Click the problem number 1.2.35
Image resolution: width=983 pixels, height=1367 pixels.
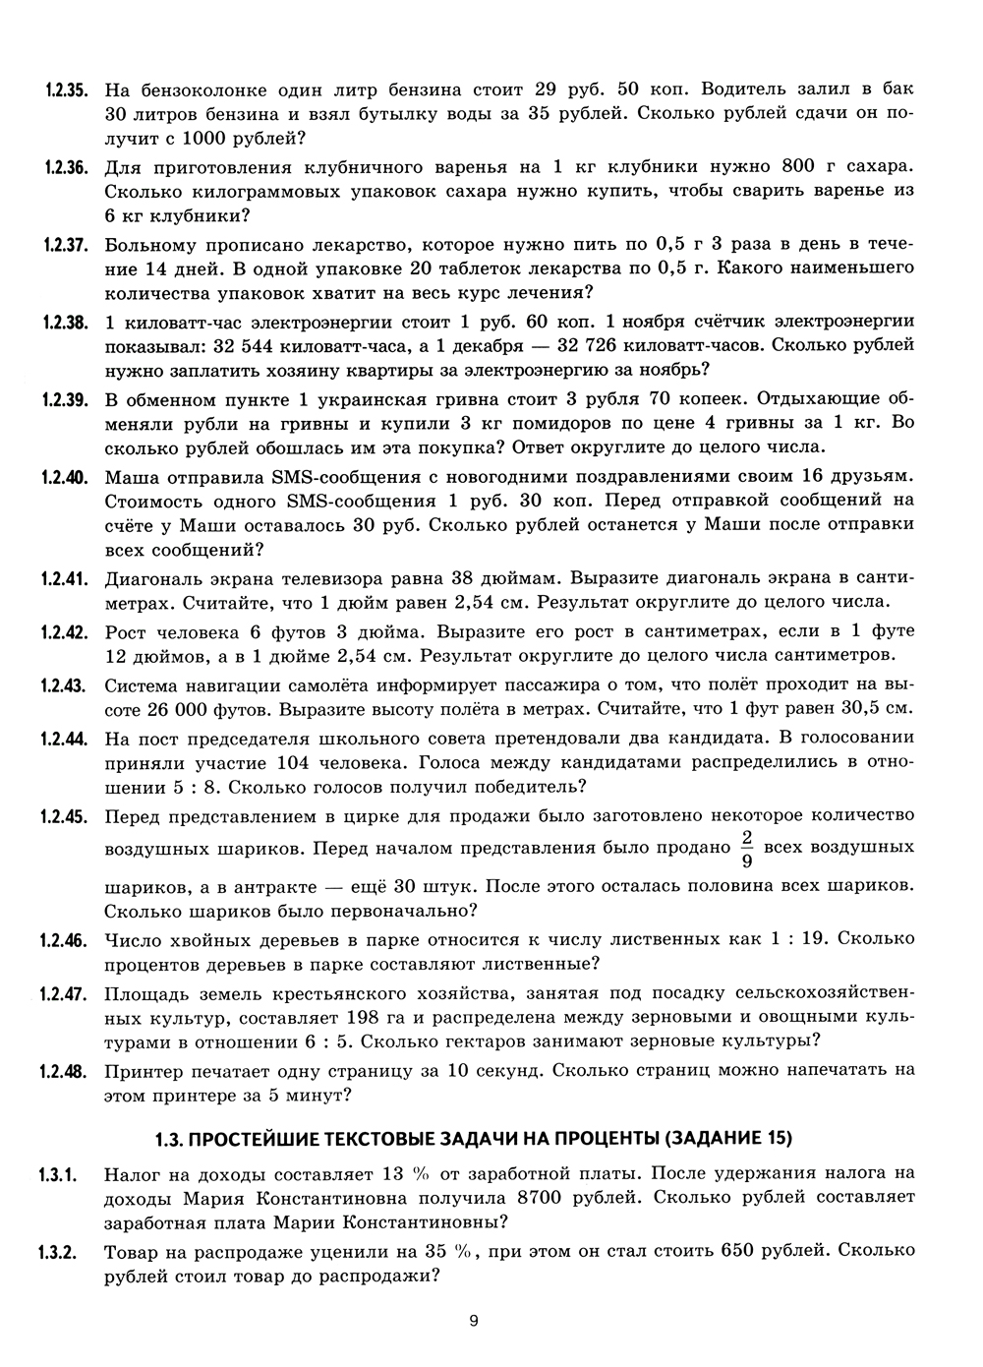[x=67, y=89]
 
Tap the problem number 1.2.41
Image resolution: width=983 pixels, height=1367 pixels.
[x=67, y=576]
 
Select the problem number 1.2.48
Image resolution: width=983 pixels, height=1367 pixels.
[x=67, y=1070]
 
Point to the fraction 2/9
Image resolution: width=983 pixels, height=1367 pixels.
[x=746, y=849]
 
